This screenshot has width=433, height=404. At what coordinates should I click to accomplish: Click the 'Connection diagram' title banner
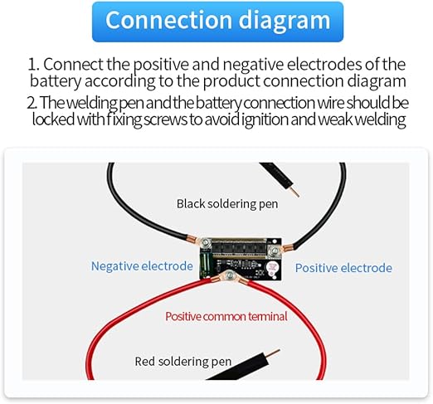pyautogui.click(x=217, y=22)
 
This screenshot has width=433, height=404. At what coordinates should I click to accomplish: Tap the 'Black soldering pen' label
pyautogui.click(x=227, y=204)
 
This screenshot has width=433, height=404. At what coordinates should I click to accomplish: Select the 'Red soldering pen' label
pyautogui.click(x=183, y=362)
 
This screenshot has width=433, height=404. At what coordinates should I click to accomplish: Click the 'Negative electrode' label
pyautogui.click(x=142, y=266)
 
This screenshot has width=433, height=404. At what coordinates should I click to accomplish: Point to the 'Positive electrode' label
pyautogui.click(x=343, y=268)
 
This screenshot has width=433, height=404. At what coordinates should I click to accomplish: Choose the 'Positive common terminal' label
pyautogui.click(x=226, y=316)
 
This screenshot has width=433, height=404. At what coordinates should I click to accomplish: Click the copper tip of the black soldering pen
pyautogui.click(x=294, y=192)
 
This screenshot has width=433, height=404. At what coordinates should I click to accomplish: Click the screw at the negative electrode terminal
pyautogui.click(x=206, y=242)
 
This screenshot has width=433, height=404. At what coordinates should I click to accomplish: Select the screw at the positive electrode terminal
pyautogui.click(x=275, y=251)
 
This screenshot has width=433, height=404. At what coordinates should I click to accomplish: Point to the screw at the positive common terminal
pyautogui.click(x=230, y=275)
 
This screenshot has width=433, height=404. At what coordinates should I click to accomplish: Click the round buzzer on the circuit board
pyautogui.click(x=272, y=268)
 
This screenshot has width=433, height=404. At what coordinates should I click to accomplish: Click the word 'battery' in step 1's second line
pyautogui.click(x=56, y=81)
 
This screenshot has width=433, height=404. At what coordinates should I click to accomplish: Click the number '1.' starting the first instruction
pyautogui.click(x=34, y=65)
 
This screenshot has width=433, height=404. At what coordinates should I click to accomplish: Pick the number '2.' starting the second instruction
pyautogui.click(x=32, y=103)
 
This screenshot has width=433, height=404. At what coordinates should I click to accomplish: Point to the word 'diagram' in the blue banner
pyautogui.click(x=285, y=22)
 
